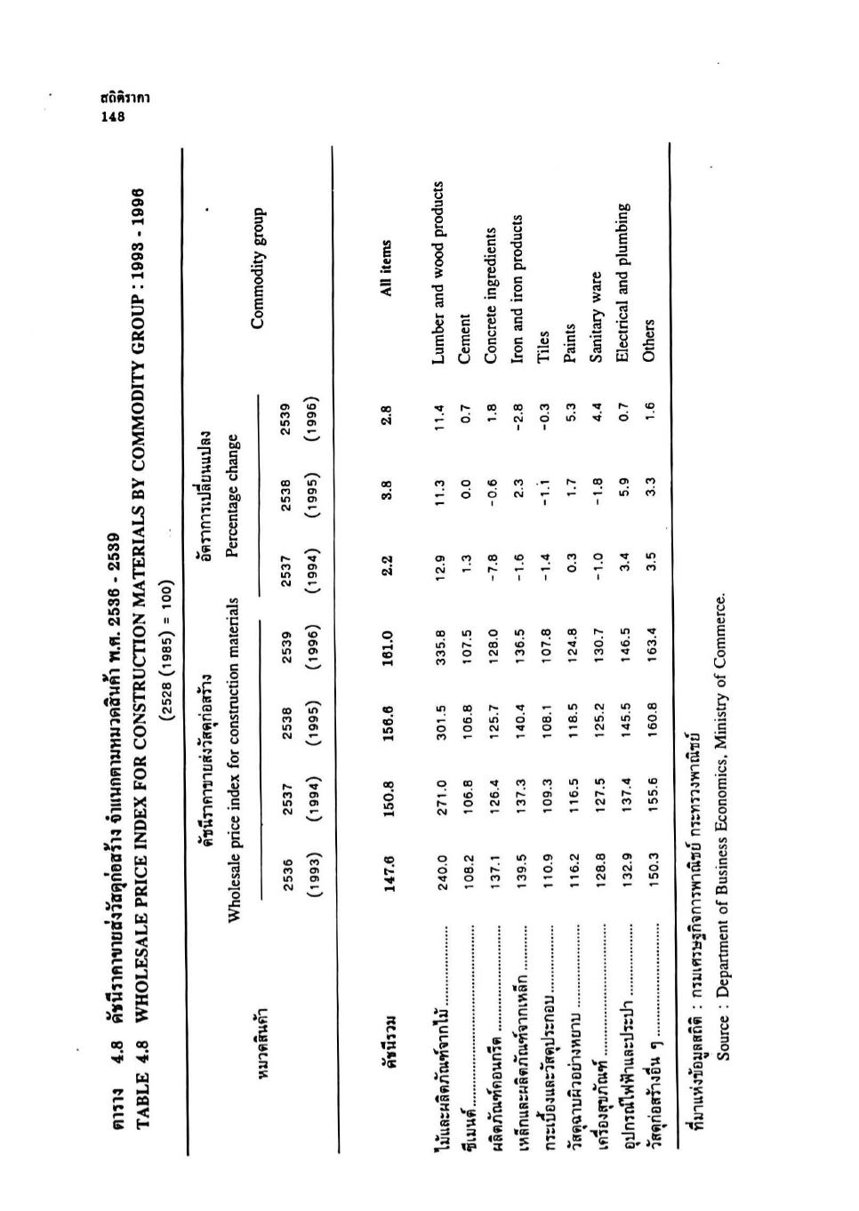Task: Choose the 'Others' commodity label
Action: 648,339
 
